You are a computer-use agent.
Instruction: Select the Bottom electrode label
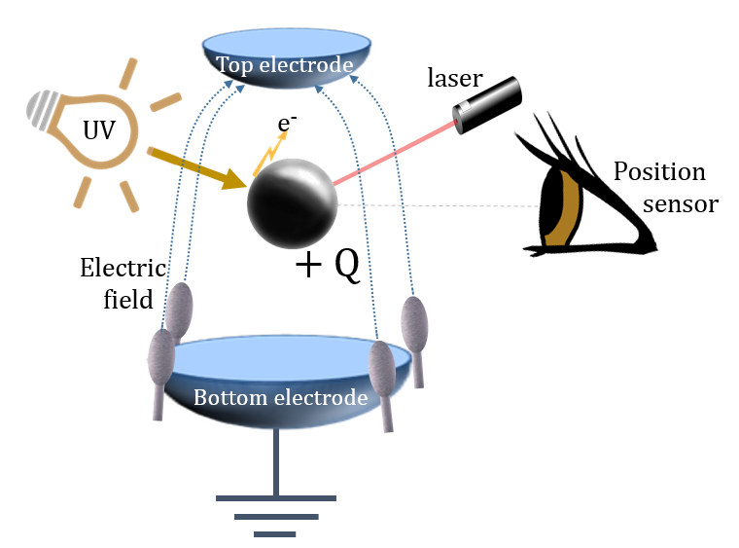pos(280,397)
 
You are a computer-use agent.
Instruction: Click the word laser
pos(454,76)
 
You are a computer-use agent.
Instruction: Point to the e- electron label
pos(288,124)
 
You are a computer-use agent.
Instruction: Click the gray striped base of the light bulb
pos(39,104)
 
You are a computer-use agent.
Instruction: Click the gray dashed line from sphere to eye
pos(438,205)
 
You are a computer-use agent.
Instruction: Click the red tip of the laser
pos(458,124)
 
